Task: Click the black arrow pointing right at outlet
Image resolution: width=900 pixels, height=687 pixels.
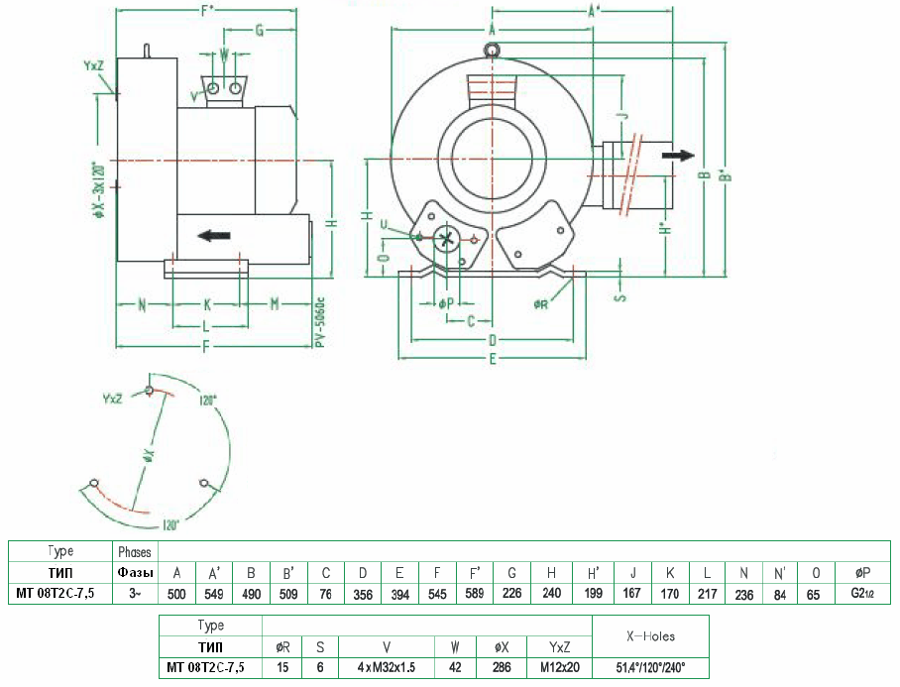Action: click(x=679, y=156)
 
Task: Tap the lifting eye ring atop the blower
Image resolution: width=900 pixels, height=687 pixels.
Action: click(x=492, y=51)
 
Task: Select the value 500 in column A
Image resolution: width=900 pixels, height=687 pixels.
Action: click(x=176, y=595)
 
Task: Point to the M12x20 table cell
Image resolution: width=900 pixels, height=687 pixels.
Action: click(x=558, y=667)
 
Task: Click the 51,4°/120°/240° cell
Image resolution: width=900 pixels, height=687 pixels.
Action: click(x=650, y=667)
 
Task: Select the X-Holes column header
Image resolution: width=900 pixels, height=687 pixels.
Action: click(x=650, y=635)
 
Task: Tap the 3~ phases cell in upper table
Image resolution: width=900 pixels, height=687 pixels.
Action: click(x=134, y=595)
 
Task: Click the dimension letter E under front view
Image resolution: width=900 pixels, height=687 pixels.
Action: click(x=492, y=359)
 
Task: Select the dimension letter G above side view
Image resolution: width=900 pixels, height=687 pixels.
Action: click(x=259, y=31)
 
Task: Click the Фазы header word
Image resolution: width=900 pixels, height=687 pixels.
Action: click(x=134, y=573)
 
